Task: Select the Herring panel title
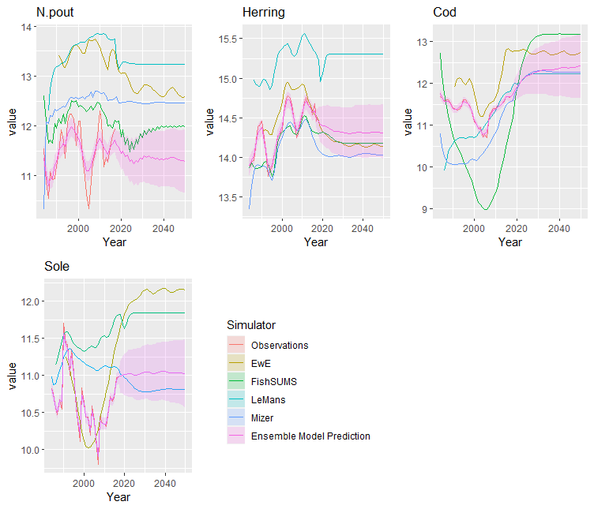(263, 13)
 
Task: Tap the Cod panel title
(445, 13)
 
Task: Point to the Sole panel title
(56, 267)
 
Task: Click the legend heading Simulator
(250, 325)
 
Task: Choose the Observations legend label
(279, 346)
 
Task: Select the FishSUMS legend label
(274, 382)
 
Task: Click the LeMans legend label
(269, 400)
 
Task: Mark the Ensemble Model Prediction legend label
(310, 436)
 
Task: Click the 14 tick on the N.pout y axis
(27, 28)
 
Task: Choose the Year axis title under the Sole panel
(118, 497)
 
